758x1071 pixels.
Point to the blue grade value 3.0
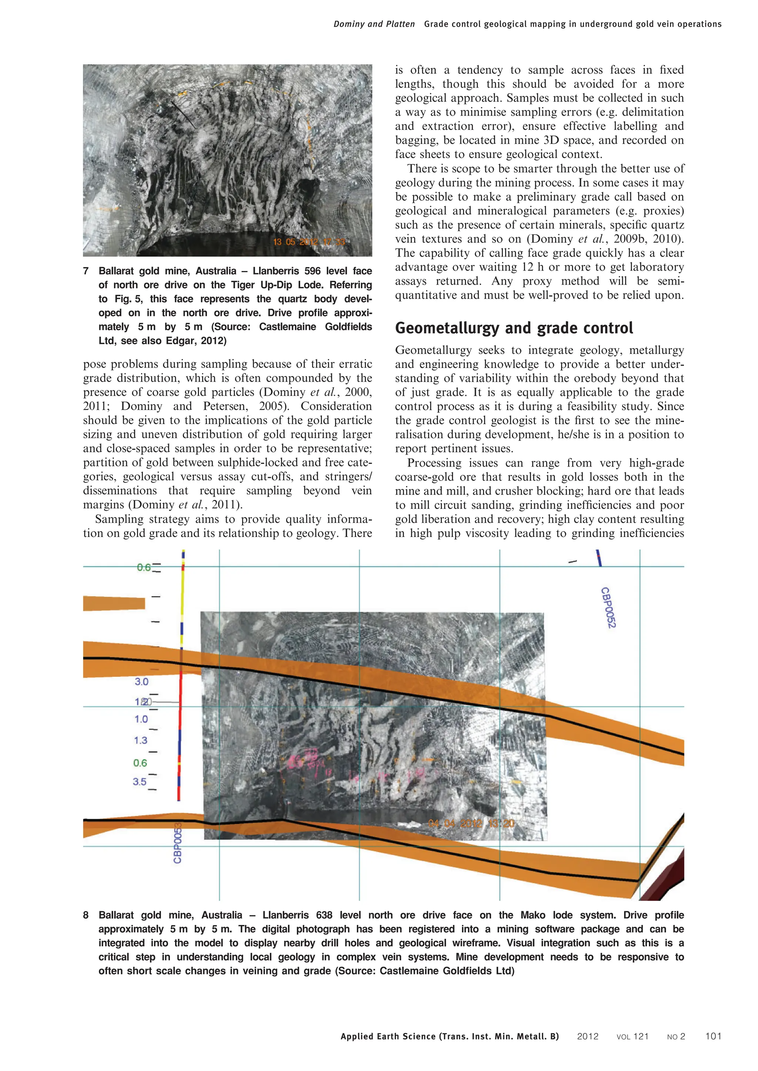pos(141,682)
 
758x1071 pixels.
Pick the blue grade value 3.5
pos(140,782)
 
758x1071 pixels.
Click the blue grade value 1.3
pos(141,740)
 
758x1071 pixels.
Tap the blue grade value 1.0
pos(141,719)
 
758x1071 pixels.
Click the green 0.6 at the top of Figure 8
pos(144,567)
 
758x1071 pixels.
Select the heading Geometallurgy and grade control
pos(514,328)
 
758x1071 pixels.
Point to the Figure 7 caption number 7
pos(86,271)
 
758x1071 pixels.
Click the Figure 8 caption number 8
pos(86,915)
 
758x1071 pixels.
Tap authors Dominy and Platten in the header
pos(374,24)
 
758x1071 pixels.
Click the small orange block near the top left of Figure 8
pos(114,603)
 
